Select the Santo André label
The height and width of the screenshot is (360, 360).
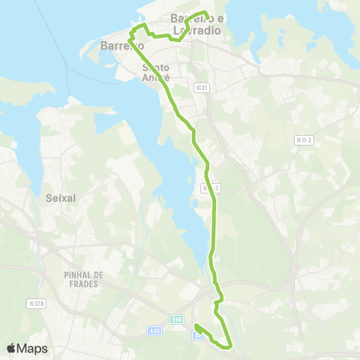(156, 72)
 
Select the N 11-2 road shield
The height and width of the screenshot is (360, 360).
(303, 140)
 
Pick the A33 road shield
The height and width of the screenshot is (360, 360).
(153, 331)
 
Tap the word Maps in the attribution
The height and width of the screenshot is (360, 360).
(33, 348)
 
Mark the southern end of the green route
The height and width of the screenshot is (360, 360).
(196, 326)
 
